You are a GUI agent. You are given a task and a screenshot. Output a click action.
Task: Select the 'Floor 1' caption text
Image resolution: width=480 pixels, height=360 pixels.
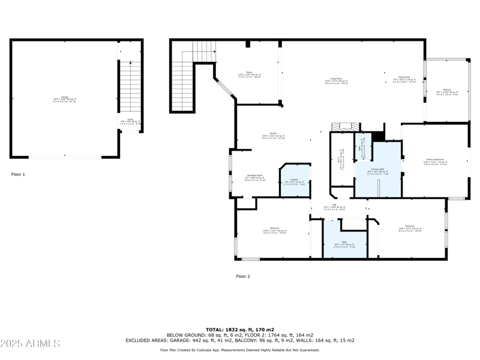tap(18, 175)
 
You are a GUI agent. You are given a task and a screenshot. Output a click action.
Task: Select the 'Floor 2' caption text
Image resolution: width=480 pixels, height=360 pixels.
tap(242, 277)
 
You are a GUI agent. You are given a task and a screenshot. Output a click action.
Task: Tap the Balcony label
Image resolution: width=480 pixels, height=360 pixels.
tap(447, 92)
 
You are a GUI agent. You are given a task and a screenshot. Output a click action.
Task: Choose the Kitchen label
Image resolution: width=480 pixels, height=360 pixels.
tap(273, 135)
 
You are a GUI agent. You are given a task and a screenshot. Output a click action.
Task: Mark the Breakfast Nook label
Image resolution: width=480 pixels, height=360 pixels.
tap(254, 178)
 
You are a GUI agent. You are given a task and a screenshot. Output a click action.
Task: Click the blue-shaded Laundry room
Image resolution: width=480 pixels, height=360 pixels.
tap(295, 181)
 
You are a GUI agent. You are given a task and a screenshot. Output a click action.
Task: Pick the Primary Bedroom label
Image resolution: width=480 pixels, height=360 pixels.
tap(435, 161)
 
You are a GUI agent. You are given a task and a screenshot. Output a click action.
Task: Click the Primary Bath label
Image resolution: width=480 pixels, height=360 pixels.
tap(377, 172)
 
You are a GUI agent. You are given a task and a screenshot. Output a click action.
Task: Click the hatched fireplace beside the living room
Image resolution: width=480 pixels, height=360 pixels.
tap(344, 127)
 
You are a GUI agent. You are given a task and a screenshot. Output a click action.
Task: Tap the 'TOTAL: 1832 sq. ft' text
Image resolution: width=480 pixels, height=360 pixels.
tap(240, 329)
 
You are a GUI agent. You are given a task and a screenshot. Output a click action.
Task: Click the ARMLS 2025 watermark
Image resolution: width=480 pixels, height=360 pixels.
tap(30, 344)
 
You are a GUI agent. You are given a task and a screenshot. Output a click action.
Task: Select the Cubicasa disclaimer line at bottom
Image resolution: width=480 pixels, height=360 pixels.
tap(240, 349)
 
